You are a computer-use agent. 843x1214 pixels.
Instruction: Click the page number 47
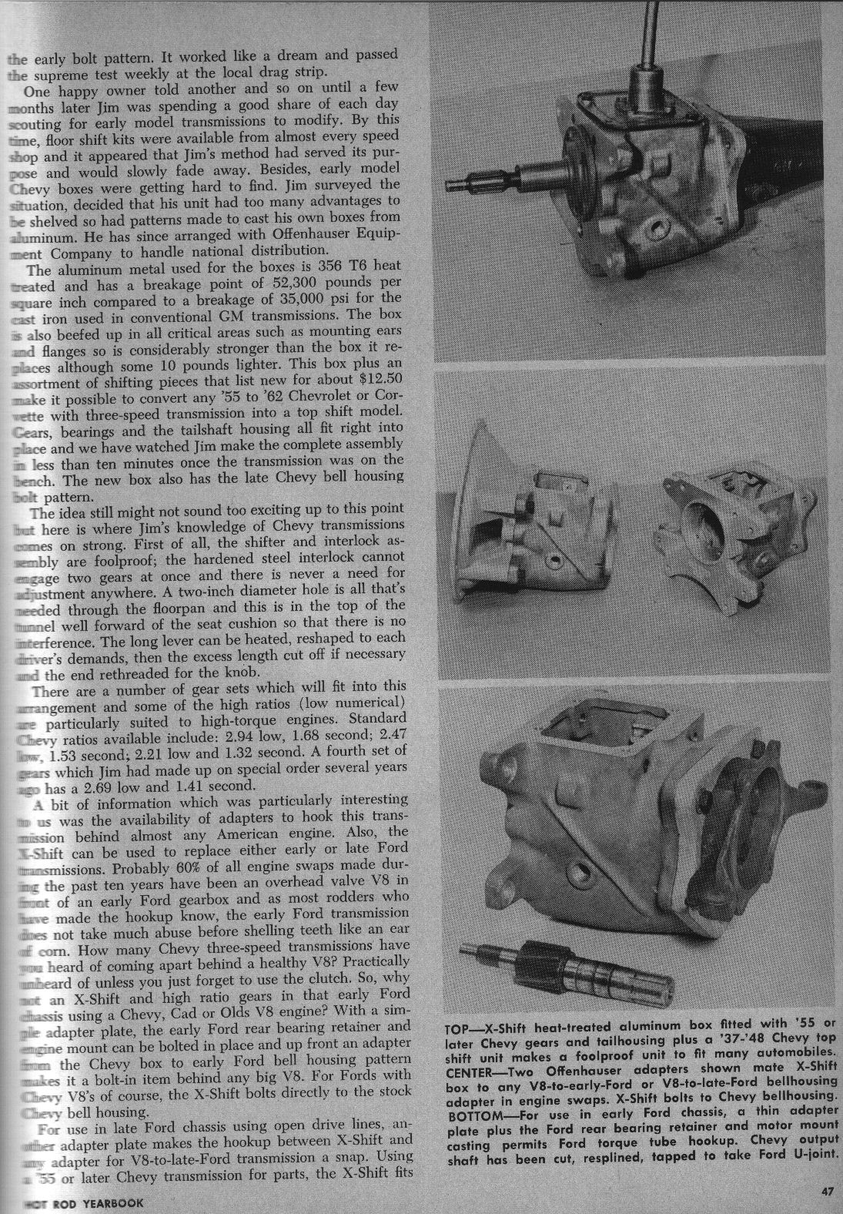pyautogui.click(x=828, y=1192)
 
